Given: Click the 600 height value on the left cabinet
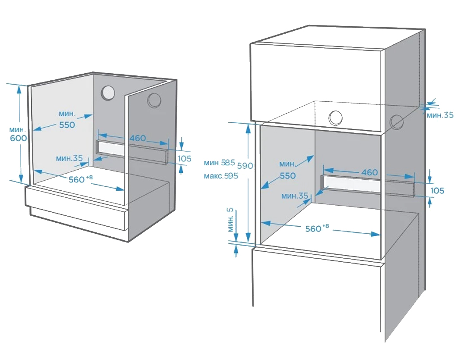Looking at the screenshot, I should (x=18, y=138).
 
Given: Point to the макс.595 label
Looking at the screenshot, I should (x=221, y=176).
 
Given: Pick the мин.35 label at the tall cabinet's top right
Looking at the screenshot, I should (x=440, y=115).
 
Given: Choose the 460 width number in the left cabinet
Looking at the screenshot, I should (x=137, y=138).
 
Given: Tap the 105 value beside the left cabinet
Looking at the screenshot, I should (x=184, y=158).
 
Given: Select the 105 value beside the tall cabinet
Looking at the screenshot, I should (x=437, y=191).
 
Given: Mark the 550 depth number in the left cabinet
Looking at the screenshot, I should (x=67, y=125).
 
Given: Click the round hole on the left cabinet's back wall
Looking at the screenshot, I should (x=108, y=93).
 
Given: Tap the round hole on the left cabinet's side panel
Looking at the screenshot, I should (x=154, y=100).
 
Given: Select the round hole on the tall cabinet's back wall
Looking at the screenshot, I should (x=336, y=117).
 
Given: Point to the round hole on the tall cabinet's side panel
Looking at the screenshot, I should (x=396, y=122).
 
